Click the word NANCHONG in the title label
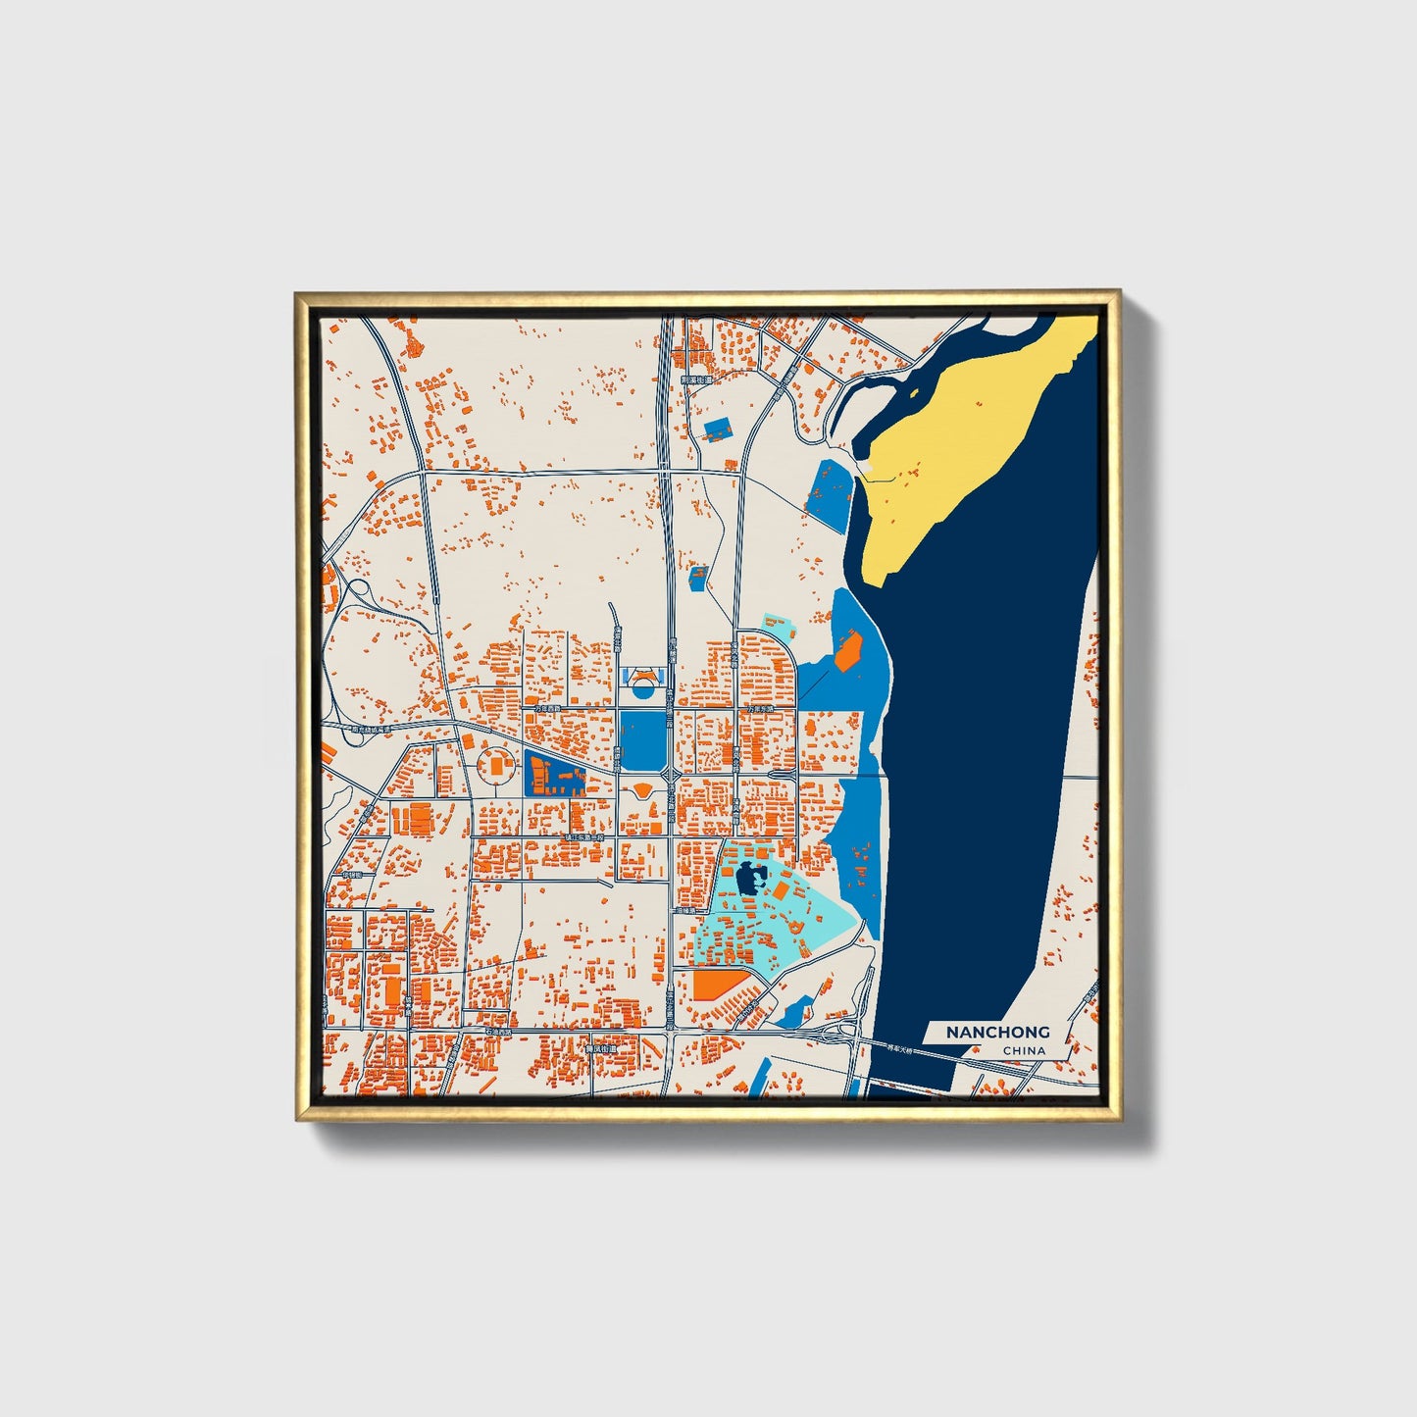(997, 1032)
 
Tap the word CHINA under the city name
(1024, 1051)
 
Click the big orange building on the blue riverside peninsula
(847, 651)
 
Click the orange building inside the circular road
(497, 765)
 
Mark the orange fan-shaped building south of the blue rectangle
(642, 789)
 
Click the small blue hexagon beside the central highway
(697, 577)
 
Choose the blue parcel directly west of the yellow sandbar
(827, 492)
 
